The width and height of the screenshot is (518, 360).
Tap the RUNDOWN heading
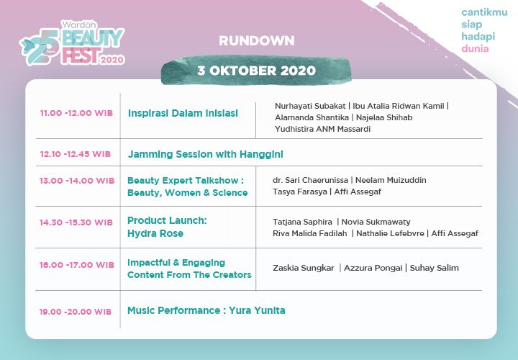(256, 40)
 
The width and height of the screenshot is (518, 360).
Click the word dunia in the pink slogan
(475, 49)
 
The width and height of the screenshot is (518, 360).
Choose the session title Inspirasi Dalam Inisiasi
(183, 114)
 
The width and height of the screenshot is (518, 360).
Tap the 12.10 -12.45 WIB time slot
(76, 154)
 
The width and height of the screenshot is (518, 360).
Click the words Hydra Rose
(155, 233)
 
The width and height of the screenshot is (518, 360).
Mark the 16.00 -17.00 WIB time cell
(76, 265)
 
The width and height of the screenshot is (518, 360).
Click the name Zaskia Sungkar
(303, 268)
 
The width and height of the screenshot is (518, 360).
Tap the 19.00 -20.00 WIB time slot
(76, 311)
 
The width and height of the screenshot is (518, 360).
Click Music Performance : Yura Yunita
(206, 310)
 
